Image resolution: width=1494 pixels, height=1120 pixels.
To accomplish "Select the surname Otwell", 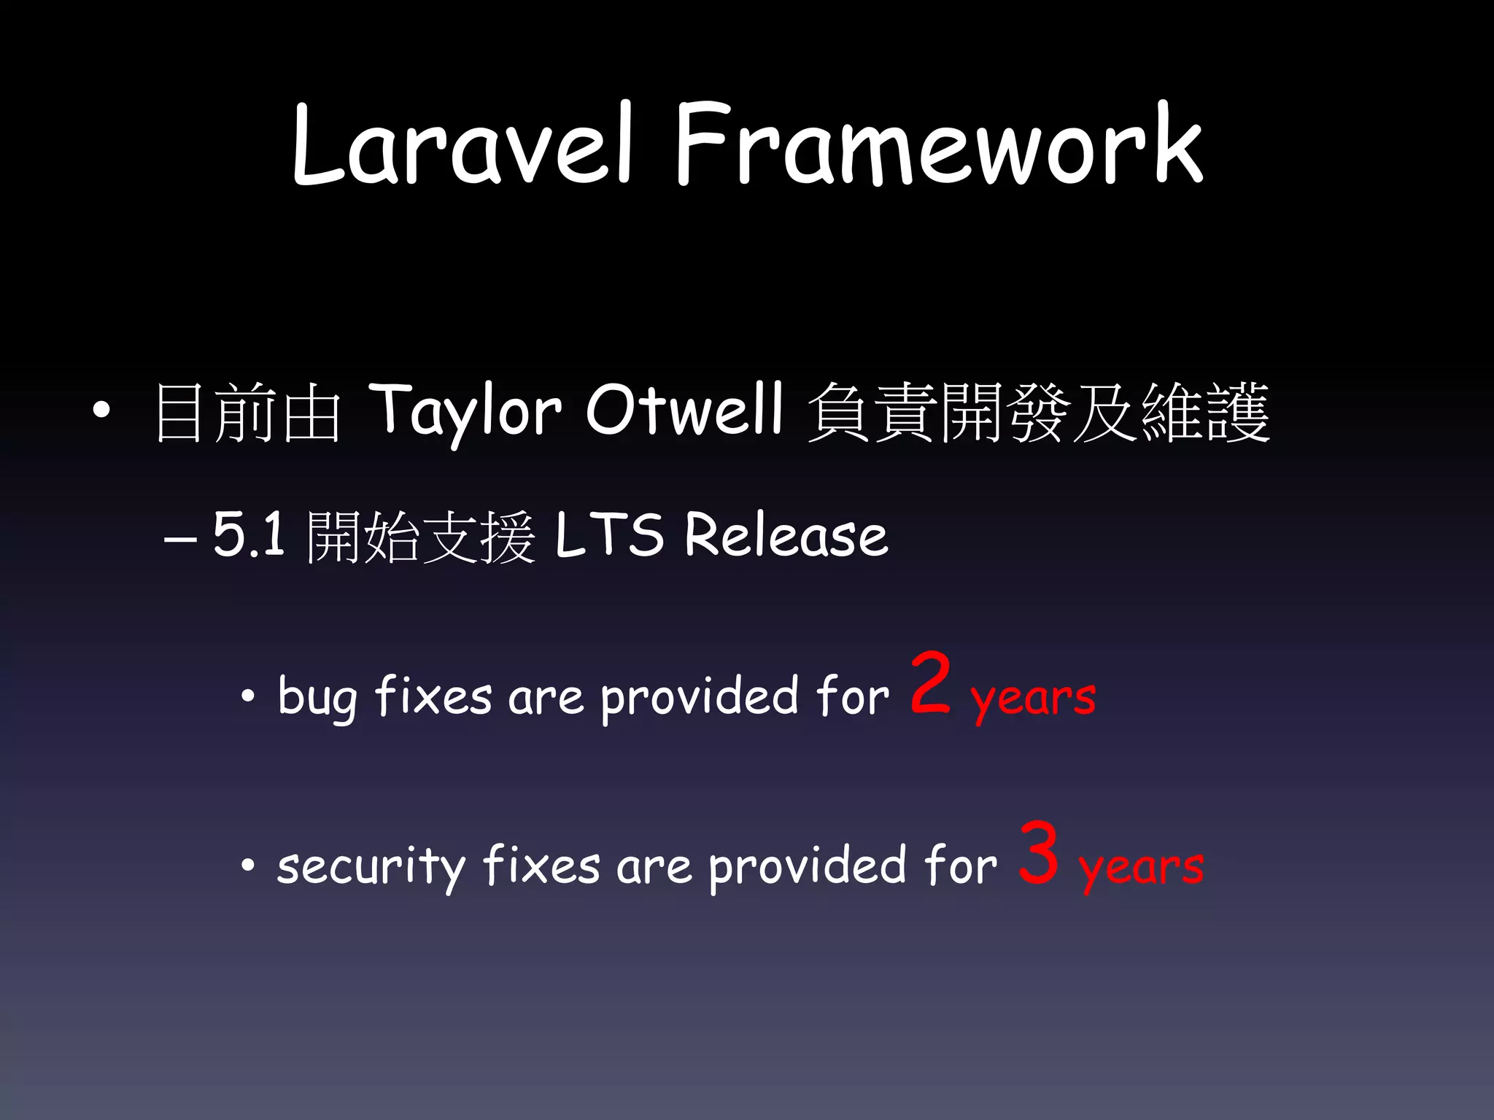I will coord(684,410).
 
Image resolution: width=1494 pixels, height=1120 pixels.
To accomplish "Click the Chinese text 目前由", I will coord(248,413).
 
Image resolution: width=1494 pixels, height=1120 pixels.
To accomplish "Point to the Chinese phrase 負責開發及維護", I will coord(1039,413).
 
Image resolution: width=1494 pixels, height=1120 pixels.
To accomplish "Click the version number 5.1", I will coord(248,535).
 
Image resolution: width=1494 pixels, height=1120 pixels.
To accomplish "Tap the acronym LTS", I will coord(609,535).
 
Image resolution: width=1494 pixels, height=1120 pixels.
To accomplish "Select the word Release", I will coord(786,535).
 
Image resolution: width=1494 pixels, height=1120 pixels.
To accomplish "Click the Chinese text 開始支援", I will coord(422,537).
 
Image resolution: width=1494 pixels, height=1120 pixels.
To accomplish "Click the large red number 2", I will coord(931,683).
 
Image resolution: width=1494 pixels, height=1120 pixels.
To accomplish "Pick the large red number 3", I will coord(1039,852).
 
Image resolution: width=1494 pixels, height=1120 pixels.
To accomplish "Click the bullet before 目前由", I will coord(101,411).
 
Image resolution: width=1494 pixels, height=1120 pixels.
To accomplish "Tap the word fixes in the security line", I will coord(541,866).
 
